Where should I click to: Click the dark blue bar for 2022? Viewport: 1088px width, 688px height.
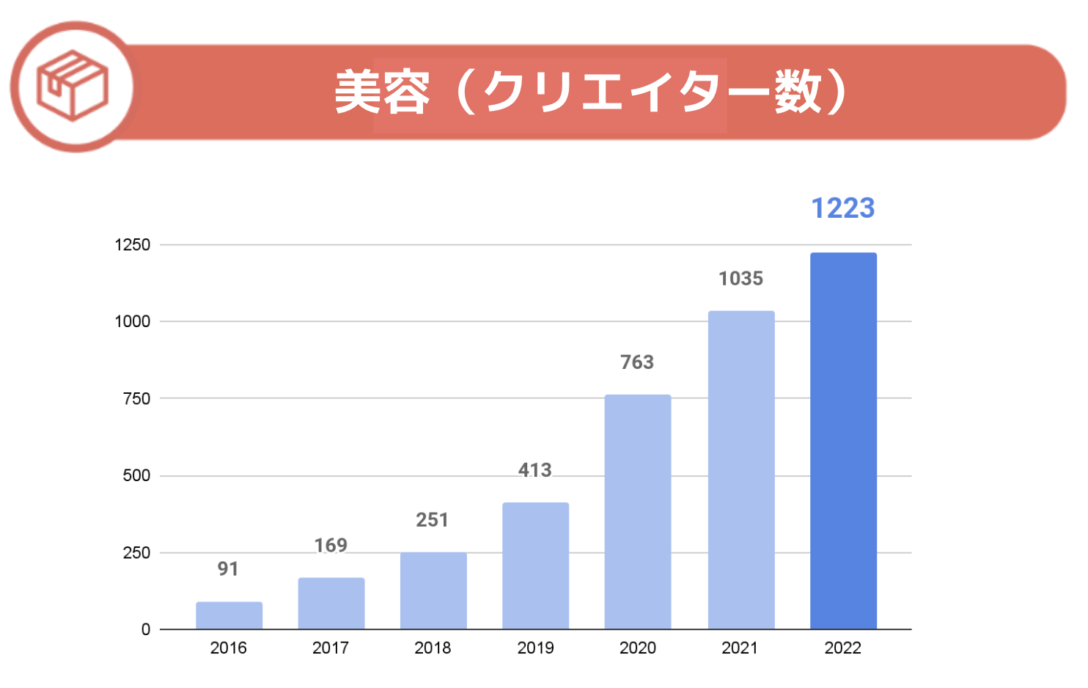[x=843, y=440]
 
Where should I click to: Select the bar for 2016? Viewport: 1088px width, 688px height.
[x=229, y=615]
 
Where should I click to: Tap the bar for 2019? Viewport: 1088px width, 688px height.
[x=535, y=566]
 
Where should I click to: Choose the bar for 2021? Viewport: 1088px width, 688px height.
[x=741, y=469]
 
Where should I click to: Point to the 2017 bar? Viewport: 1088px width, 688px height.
[x=331, y=603]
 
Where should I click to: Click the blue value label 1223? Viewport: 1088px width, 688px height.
[x=843, y=208]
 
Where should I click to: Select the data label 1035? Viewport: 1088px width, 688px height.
[x=740, y=279]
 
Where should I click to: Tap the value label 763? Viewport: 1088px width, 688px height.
[x=637, y=362]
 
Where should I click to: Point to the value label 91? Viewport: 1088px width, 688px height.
[x=228, y=569]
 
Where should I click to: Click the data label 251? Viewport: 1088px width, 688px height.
[x=432, y=520]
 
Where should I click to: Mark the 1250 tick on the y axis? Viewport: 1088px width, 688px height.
[x=133, y=245]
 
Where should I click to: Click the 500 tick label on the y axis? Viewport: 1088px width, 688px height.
[x=136, y=476]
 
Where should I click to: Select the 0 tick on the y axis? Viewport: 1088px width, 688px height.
[x=146, y=629]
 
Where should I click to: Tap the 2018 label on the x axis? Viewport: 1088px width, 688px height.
[x=433, y=648]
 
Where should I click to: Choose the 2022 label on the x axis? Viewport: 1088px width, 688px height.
[x=843, y=648]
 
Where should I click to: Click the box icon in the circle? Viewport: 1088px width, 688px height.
[x=73, y=87]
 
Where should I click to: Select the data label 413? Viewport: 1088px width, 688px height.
[x=535, y=470]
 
